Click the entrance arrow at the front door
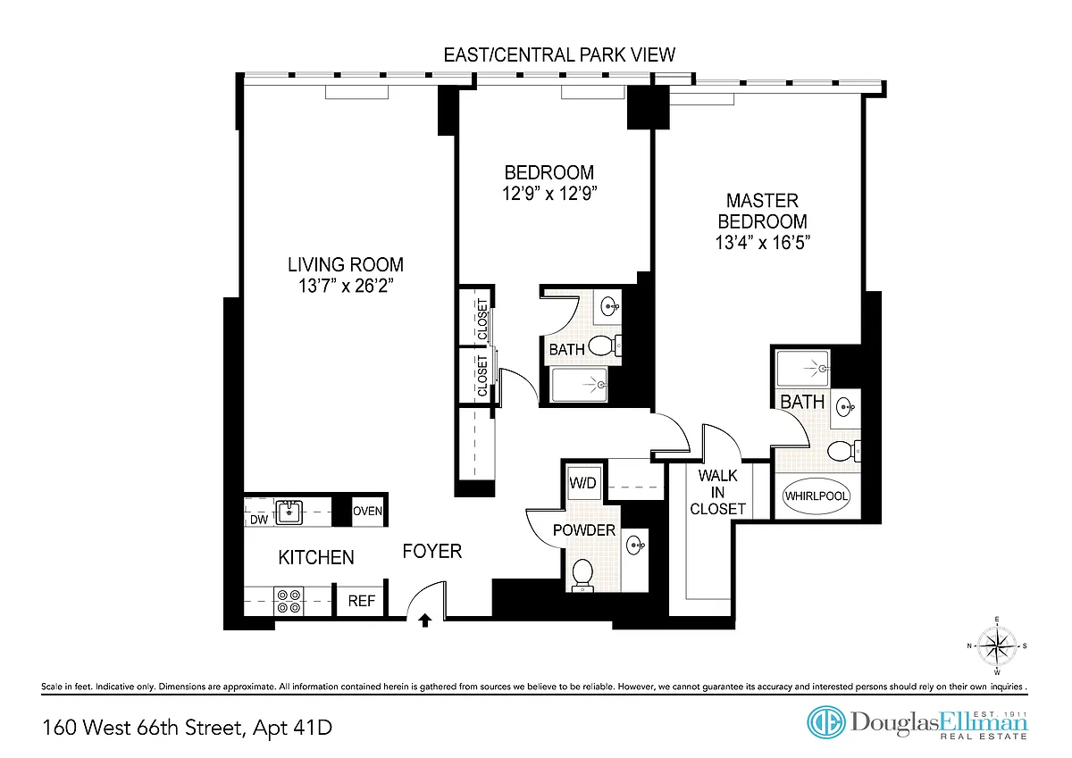click(x=425, y=621)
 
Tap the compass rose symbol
click(x=997, y=646)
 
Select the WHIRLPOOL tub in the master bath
click(x=816, y=496)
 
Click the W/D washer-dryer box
click(x=582, y=482)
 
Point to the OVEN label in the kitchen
click(x=367, y=511)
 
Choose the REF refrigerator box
click(x=361, y=601)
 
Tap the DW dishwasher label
click(x=259, y=520)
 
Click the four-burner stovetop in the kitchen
click(x=289, y=601)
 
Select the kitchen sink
click(x=289, y=512)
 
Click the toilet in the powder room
click(x=582, y=574)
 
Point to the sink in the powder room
click(x=636, y=545)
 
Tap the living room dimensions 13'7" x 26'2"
click(x=346, y=286)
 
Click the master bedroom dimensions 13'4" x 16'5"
click(x=762, y=243)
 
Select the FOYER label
click(x=432, y=552)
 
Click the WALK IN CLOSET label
click(x=718, y=493)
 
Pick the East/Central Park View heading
click(x=559, y=55)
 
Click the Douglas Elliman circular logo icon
click(x=826, y=722)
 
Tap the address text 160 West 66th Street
click(x=144, y=728)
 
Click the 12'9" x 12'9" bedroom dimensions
click(x=549, y=194)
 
